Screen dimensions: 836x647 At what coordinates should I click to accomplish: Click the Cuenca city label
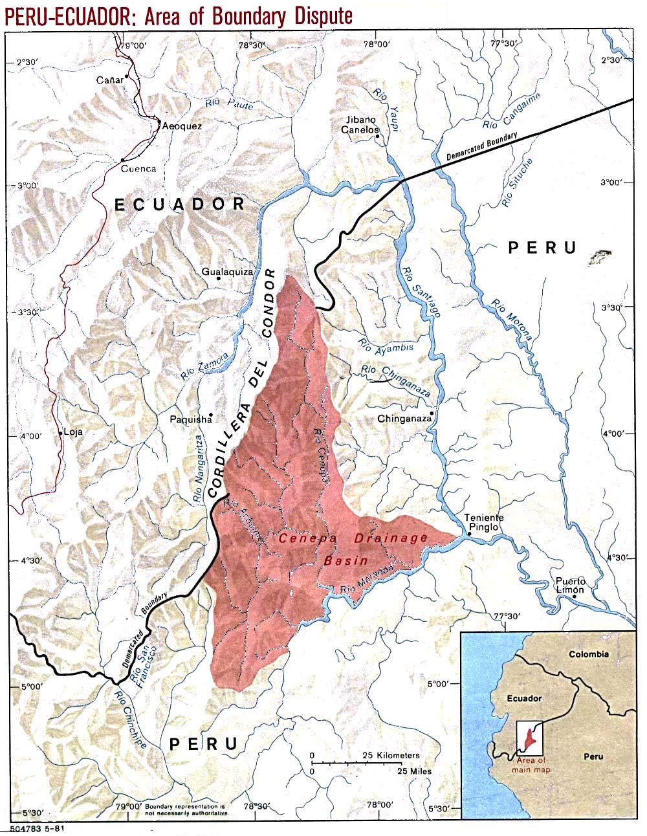coord(139,169)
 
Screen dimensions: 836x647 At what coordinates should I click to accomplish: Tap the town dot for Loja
coord(61,433)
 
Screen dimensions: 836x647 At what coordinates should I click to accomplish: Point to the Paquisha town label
coord(190,419)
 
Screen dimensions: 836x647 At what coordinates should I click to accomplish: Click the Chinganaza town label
coord(404,419)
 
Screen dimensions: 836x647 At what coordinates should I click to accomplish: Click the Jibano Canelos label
coord(360,125)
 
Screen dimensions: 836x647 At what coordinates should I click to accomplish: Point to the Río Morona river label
coord(511,320)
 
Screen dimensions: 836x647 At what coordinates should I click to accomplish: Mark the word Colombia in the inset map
coord(588,654)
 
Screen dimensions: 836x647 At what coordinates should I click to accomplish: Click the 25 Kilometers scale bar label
coord(390,755)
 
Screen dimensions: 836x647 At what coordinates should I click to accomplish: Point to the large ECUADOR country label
coord(179,204)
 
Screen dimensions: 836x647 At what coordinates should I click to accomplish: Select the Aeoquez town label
coord(182,126)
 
